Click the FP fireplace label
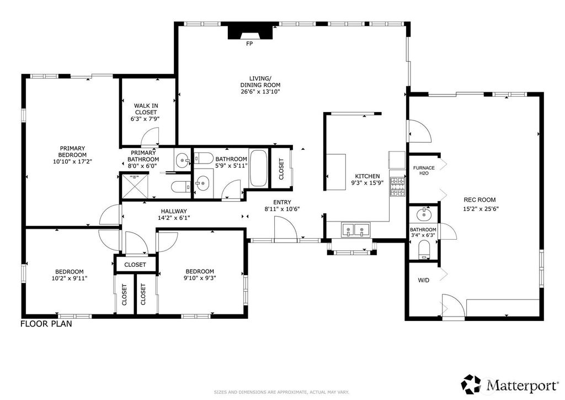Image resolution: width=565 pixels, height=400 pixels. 249,44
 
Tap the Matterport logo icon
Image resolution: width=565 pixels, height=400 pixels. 472,385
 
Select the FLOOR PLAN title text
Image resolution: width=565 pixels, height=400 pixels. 46,324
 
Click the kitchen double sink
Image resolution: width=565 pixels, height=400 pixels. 356,230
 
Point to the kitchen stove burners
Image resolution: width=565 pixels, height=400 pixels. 398,186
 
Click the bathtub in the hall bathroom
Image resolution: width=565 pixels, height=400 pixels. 258,169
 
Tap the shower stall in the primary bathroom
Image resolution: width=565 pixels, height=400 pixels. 135,186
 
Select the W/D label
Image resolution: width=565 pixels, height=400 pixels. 424,280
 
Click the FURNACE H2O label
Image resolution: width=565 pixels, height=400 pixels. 424,171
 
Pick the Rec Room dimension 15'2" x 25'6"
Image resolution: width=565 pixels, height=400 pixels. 481,208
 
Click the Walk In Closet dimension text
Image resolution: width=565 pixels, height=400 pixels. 145,119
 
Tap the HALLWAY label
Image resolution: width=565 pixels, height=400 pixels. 174,212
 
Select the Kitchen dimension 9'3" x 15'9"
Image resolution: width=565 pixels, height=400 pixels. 367,183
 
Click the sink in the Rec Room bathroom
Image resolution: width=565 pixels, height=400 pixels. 424,214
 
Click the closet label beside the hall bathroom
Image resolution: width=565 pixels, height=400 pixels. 281,169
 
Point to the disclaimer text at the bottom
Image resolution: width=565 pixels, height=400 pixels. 281,392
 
